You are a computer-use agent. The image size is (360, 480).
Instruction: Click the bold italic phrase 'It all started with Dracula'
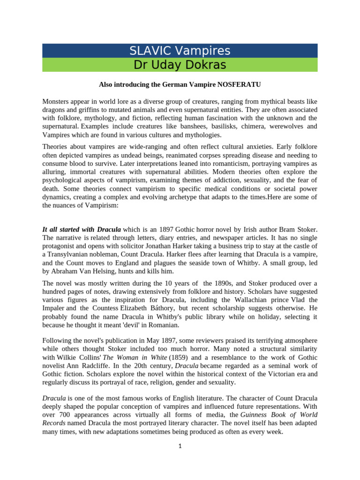[82, 229]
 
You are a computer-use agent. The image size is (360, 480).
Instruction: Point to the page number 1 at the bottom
[180, 447]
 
